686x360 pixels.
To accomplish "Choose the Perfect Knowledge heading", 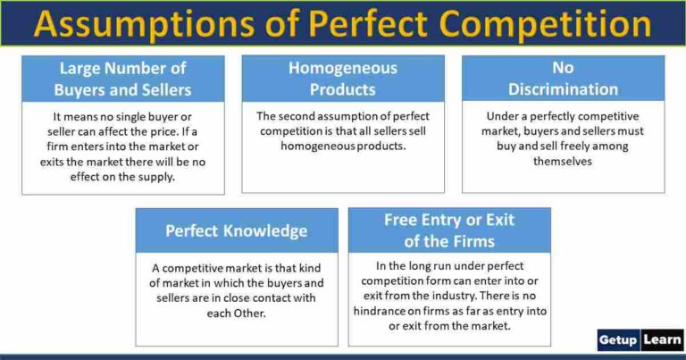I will coord(236,230).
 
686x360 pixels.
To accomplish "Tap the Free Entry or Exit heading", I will coord(448,230).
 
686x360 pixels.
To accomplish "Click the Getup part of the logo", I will coord(618,340).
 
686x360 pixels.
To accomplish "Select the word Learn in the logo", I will coord(661,340).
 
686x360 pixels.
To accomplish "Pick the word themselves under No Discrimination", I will coord(563,162).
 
